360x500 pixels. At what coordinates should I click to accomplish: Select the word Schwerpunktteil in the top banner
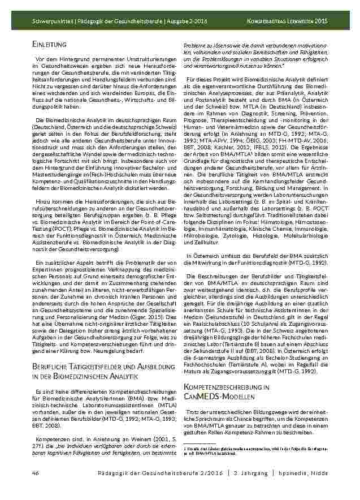tap(52, 21)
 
